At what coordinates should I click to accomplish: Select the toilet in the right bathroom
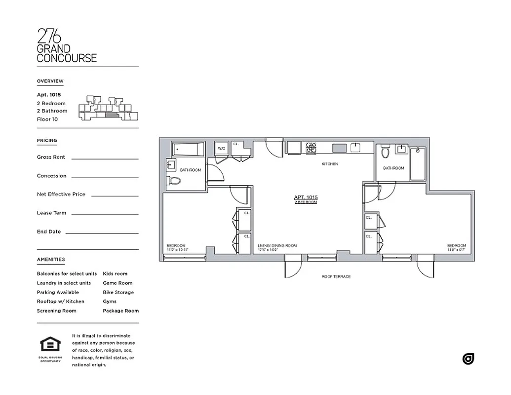(x=386, y=152)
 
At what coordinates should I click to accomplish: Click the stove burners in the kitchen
(x=311, y=147)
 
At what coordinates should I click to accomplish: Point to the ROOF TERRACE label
(x=336, y=276)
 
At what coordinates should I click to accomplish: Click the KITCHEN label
(x=330, y=164)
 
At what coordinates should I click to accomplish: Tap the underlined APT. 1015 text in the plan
(x=306, y=197)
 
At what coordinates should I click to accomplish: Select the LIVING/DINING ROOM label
(x=277, y=245)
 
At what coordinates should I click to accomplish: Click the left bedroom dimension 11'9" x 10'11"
(x=177, y=250)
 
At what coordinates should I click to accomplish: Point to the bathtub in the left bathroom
(x=188, y=149)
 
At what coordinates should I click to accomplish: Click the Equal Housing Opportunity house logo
(x=50, y=345)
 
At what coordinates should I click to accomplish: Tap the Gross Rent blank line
(x=105, y=158)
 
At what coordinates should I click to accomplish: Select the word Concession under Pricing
(x=51, y=176)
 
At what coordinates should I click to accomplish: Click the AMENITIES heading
(x=51, y=259)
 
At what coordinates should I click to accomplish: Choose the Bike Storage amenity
(x=118, y=292)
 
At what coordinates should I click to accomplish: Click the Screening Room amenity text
(x=57, y=311)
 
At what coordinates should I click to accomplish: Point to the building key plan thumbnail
(x=108, y=108)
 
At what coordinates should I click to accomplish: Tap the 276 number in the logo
(x=49, y=36)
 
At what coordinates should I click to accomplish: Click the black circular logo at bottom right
(x=468, y=359)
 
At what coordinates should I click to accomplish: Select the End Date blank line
(x=102, y=233)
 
